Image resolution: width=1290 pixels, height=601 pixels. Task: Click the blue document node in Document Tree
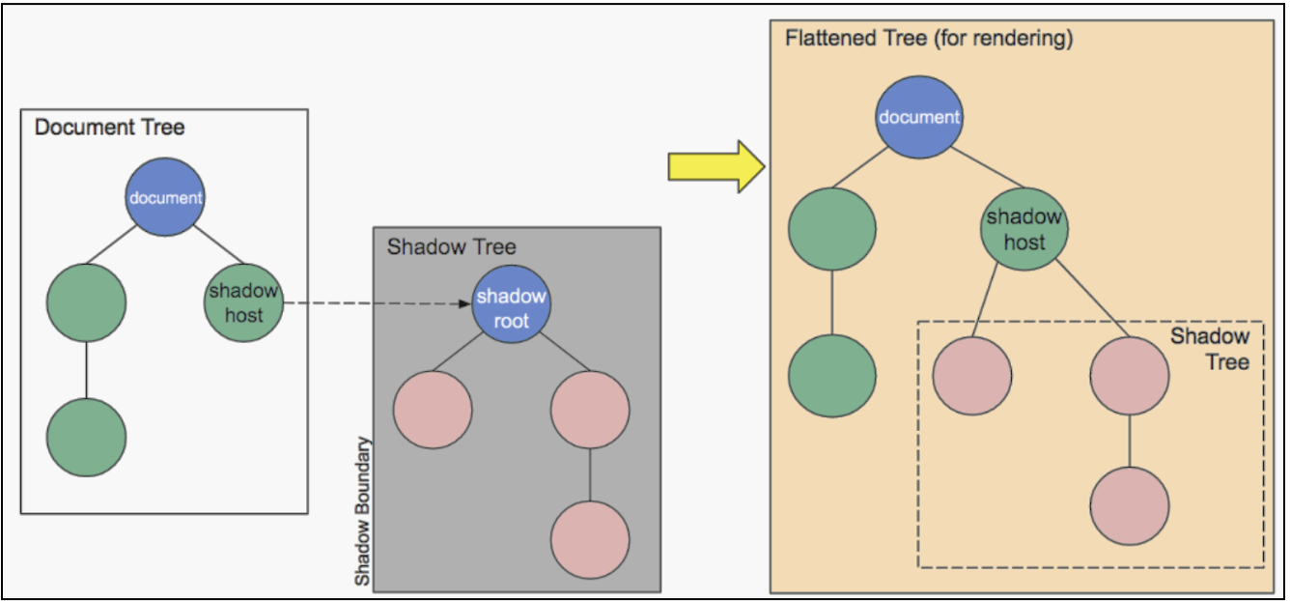tap(166, 197)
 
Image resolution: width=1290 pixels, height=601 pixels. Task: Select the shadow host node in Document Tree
tap(243, 301)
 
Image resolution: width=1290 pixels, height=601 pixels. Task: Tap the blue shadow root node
tap(511, 307)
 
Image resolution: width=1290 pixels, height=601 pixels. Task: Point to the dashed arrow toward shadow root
tap(377, 302)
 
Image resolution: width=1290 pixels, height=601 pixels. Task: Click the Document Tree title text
tap(110, 127)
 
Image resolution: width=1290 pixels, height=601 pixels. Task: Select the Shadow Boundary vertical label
tap(363, 511)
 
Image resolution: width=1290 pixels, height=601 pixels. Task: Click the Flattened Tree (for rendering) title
tap(929, 40)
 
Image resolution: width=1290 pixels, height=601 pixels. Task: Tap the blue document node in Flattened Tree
tap(919, 117)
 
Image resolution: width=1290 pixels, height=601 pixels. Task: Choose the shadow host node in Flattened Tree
tap(1024, 229)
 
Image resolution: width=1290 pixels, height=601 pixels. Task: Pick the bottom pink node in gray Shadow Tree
tap(590, 539)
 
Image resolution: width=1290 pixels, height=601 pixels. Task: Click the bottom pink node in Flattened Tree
tap(1130, 505)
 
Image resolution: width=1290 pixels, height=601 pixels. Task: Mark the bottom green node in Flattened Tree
tap(831, 376)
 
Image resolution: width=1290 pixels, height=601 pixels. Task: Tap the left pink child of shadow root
tap(433, 410)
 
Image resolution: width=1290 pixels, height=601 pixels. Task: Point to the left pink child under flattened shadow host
tap(972, 376)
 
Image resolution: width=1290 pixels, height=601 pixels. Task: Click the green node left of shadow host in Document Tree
tap(86, 301)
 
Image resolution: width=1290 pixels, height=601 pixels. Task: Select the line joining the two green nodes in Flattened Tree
tap(831, 302)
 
